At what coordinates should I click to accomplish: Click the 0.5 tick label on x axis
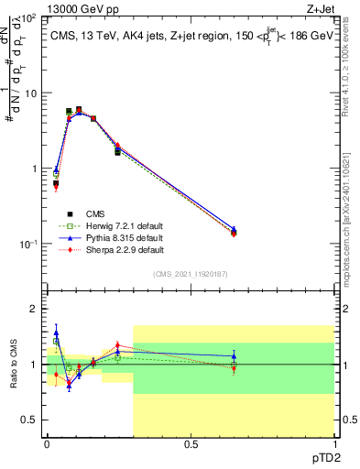[x=190, y=443]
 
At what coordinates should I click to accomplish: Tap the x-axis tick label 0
[x=47, y=443]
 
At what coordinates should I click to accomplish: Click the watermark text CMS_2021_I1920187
[x=190, y=274]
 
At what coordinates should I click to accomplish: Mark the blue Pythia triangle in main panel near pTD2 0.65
[x=234, y=230]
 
